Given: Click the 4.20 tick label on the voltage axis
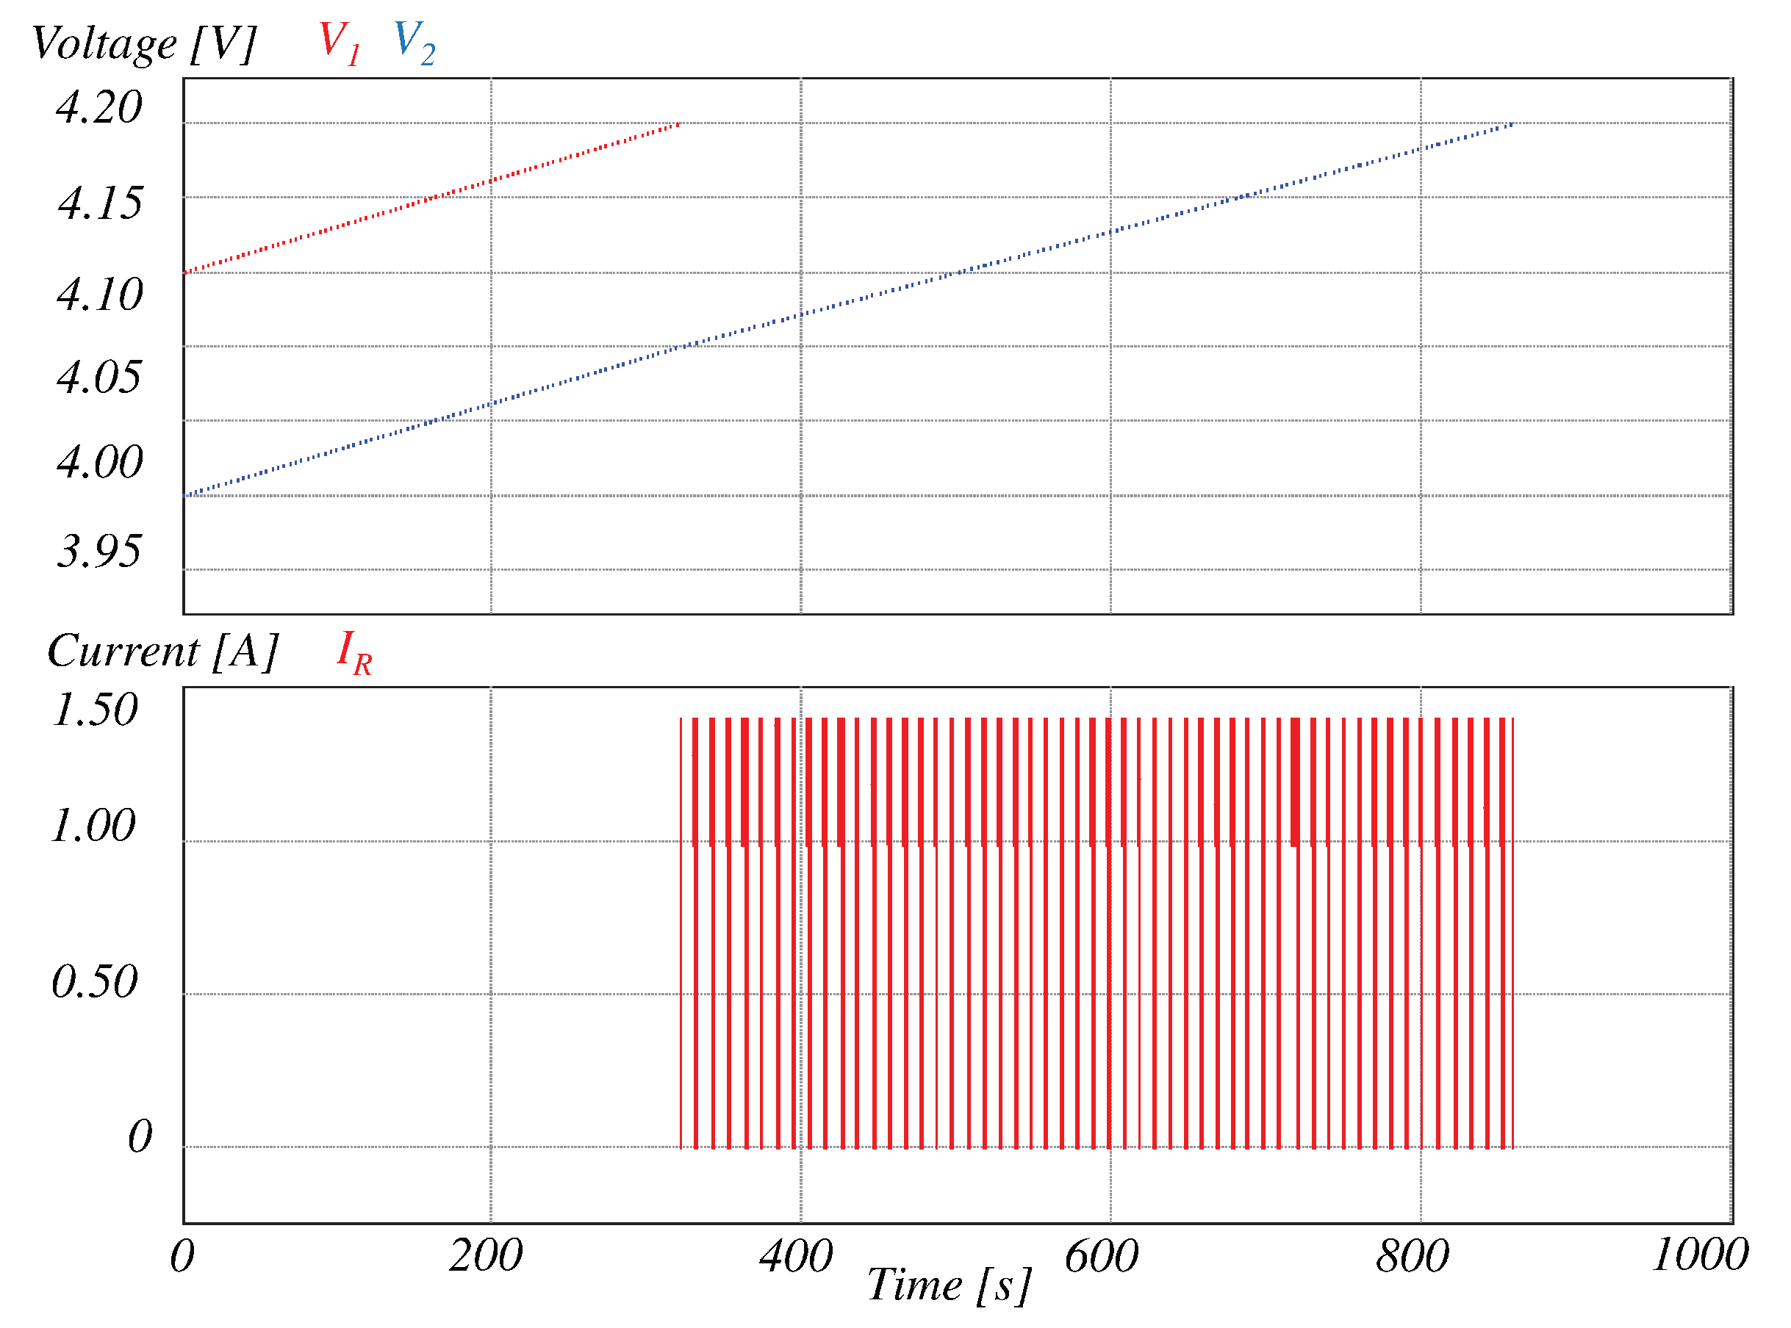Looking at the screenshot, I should point(99,107).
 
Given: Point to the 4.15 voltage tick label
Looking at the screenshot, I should point(100,203).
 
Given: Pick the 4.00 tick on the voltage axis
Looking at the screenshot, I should point(100,461).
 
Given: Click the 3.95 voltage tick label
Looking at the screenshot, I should point(99,551).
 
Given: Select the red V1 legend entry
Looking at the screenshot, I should point(339,42).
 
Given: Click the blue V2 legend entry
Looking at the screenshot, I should point(414,42).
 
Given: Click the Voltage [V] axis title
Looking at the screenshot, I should point(143,43).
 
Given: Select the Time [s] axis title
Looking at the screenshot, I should point(949,1284).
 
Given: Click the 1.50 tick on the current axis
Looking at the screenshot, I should point(95,709).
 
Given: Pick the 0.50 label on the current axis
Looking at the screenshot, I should point(95,981).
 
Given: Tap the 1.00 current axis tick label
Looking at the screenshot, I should point(93,825).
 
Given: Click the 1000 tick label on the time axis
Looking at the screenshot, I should point(1699,1254).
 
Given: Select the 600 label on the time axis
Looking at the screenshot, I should point(1101,1256).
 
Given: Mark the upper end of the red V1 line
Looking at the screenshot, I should point(680,124).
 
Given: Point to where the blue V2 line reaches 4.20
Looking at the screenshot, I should point(1513,124).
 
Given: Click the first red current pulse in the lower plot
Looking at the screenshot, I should point(681,933).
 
